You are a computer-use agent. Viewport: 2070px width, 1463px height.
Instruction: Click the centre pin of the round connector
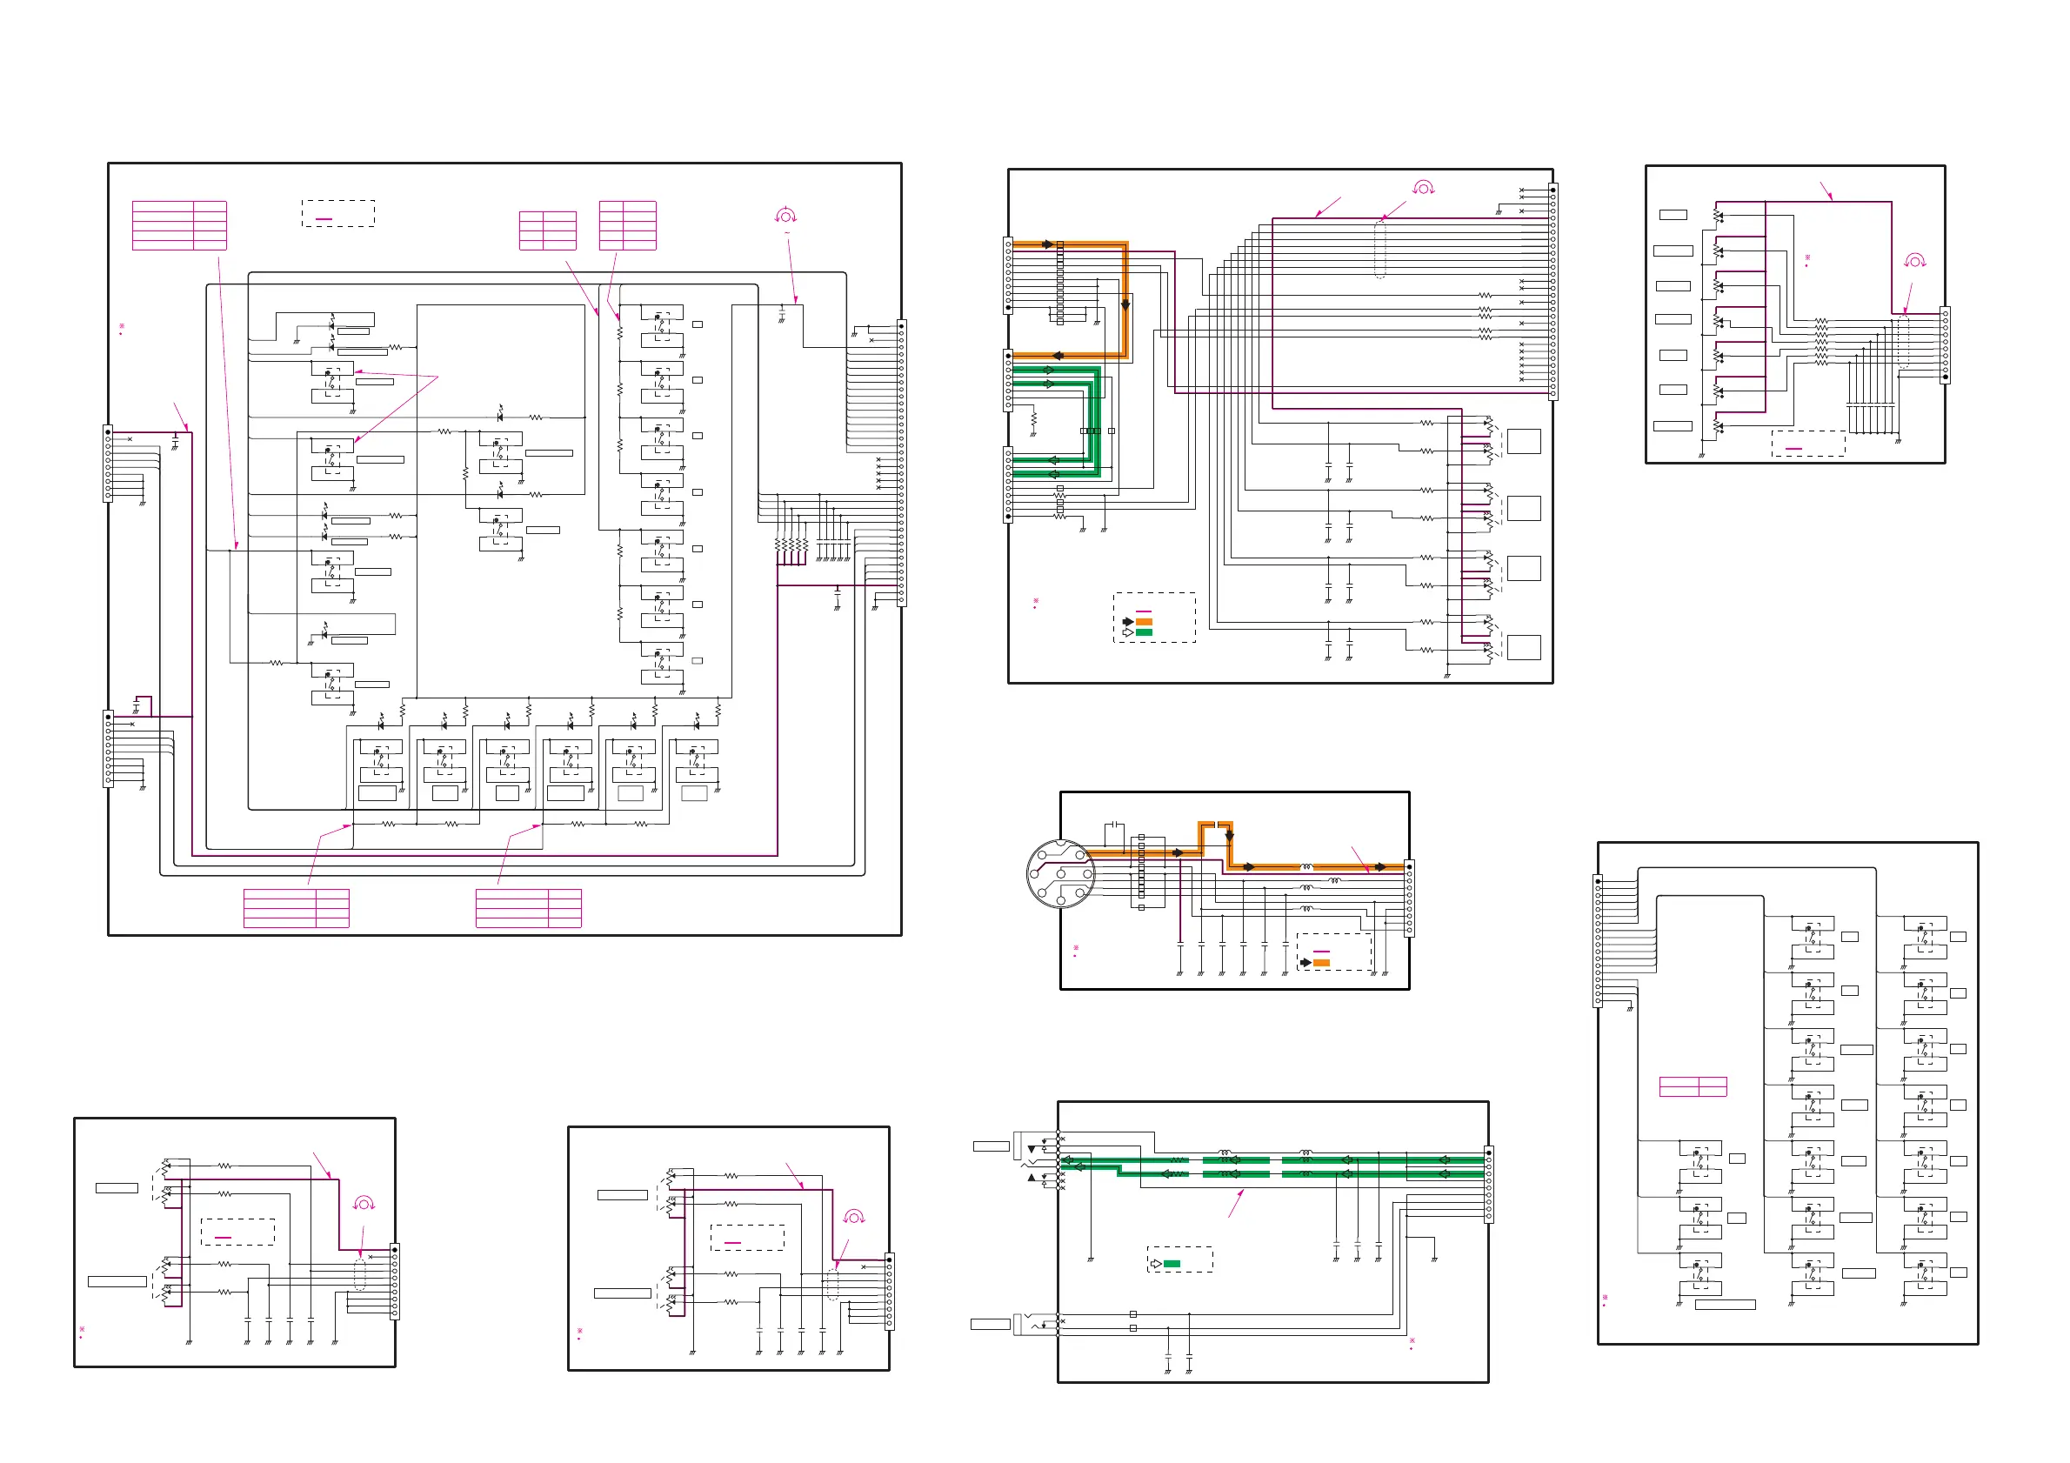[x=1061, y=873]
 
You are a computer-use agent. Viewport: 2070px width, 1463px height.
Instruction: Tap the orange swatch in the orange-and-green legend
[x=1144, y=622]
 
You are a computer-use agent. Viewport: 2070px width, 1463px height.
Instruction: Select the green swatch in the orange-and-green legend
[x=1144, y=633]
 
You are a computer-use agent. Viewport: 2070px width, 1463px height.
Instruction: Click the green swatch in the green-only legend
[x=1172, y=1264]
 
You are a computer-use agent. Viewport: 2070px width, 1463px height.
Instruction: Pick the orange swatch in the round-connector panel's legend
[x=1322, y=963]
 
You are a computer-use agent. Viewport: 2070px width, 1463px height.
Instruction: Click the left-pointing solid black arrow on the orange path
[x=1058, y=356]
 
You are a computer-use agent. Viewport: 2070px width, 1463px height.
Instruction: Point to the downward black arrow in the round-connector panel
[x=1229, y=837]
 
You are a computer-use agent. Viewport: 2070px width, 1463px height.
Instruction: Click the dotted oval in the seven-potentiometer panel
[x=1903, y=342]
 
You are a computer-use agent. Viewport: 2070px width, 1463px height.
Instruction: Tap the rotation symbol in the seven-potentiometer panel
[x=1915, y=262]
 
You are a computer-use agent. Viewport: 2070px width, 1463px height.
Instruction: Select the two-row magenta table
[x=1693, y=1086]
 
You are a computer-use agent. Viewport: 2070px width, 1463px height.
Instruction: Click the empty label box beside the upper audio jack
[x=991, y=1146]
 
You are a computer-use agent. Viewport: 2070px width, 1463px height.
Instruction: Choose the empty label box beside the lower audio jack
[x=990, y=1324]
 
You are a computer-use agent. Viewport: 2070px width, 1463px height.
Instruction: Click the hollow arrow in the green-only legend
[x=1156, y=1264]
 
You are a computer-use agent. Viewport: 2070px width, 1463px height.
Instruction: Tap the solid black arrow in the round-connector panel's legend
[x=1305, y=963]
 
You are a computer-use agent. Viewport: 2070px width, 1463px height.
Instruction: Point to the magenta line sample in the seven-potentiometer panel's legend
[x=1794, y=449]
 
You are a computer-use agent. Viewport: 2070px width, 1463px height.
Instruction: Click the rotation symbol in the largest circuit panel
[x=785, y=217]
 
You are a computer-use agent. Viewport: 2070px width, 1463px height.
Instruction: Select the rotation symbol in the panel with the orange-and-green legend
[x=1424, y=188]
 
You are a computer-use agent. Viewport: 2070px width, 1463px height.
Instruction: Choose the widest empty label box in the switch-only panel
[x=1726, y=1305]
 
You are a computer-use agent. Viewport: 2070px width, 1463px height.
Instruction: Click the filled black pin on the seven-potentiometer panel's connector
[x=1945, y=377]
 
